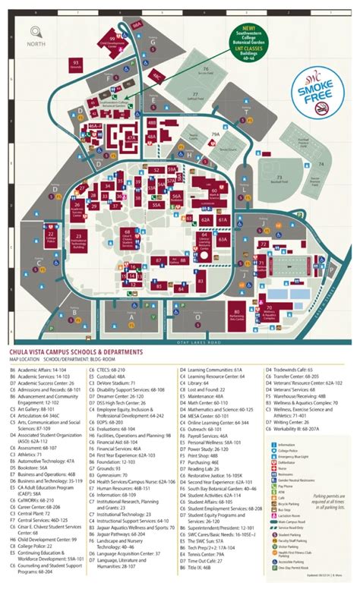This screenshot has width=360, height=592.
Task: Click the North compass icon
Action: pos(33,35)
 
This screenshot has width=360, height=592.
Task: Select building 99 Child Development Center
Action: pos(112,42)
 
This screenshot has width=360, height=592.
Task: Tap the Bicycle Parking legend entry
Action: pos(287,480)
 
